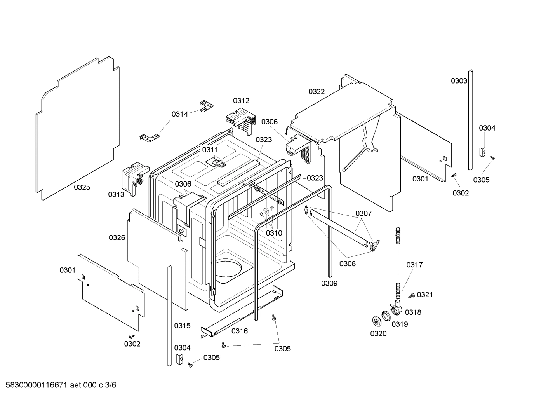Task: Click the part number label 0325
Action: pos(82,187)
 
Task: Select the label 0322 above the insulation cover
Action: pos(317,91)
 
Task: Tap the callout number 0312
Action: pos(241,101)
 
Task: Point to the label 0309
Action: pos(329,283)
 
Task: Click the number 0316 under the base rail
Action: pos(240,331)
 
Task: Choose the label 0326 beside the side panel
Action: pos(117,237)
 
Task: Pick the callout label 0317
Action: pos(414,265)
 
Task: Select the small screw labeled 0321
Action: pos(411,296)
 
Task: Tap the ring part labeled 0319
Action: pos(386,316)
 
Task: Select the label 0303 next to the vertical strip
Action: pos(459,81)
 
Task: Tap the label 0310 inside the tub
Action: pos(274,233)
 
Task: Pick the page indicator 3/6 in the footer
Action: pos(111,385)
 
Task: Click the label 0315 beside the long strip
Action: pos(182,326)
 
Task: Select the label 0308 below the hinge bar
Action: pos(347,263)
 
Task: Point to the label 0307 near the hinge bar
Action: pos(363,213)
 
